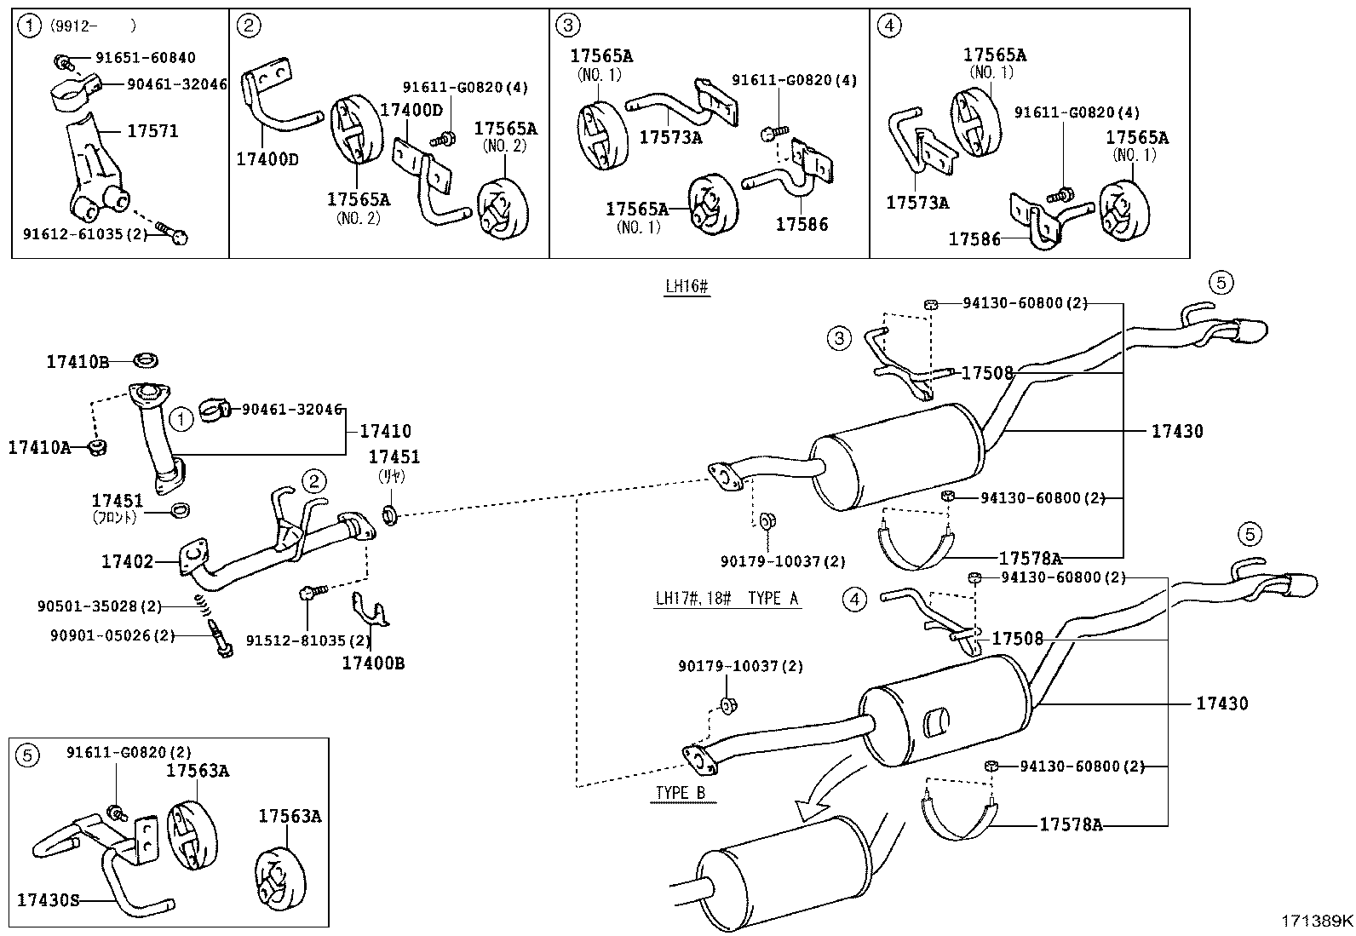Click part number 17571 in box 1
pos(152,130)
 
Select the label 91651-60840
pos(145,58)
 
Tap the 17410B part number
pos(78,362)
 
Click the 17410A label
pos(39,446)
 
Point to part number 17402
pos(127,561)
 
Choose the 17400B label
pos(373,662)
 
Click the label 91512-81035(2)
pos(308,640)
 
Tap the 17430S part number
pos(48,899)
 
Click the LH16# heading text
pos(687,287)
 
